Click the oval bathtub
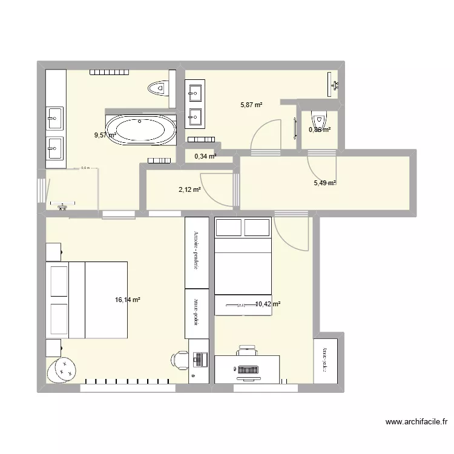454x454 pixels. coord(145,129)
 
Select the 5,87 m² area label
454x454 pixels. coord(251,104)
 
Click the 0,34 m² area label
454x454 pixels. coord(205,156)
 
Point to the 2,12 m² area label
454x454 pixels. coord(188,189)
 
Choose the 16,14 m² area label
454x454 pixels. coord(127,299)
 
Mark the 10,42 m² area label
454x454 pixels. coord(267,304)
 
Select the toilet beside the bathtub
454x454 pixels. coord(158,88)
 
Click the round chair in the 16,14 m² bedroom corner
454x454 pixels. coord(62,368)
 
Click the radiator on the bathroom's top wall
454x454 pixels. coord(110,73)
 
